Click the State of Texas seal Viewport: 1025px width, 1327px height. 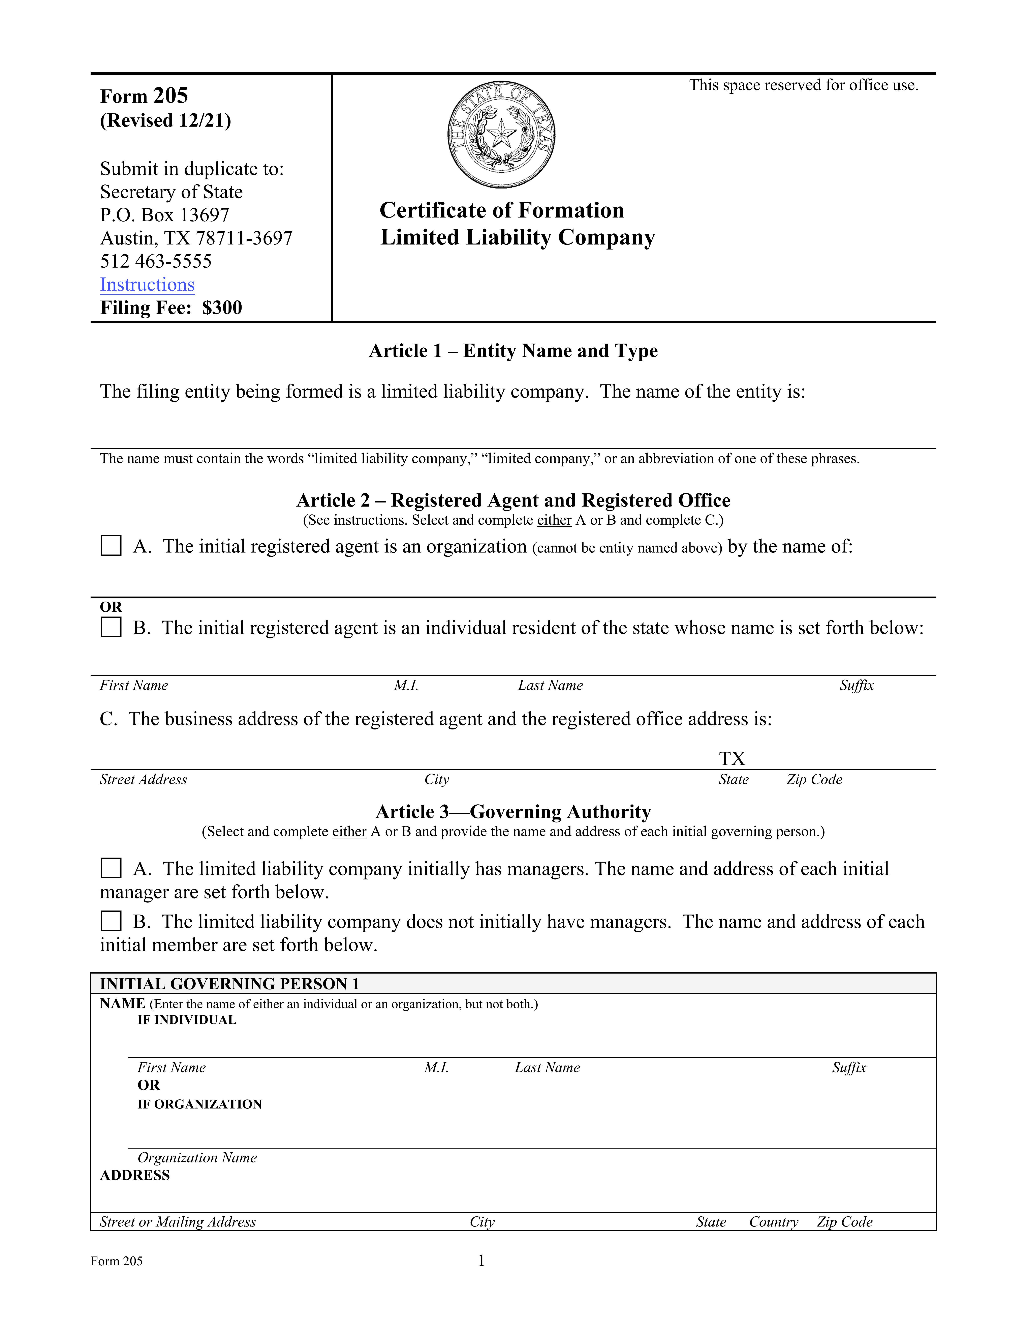(x=501, y=134)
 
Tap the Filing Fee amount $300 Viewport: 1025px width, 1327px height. (x=222, y=308)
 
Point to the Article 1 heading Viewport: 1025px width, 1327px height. (x=513, y=351)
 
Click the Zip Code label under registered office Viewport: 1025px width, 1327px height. (x=814, y=780)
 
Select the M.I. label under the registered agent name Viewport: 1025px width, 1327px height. (x=406, y=685)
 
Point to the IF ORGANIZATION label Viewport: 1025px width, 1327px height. (x=199, y=1104)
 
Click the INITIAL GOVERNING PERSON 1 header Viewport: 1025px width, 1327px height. (x=229, y=984)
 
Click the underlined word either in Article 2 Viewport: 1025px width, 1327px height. (x=554, y=520)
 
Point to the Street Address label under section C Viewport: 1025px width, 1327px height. (x=143, y=780)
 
